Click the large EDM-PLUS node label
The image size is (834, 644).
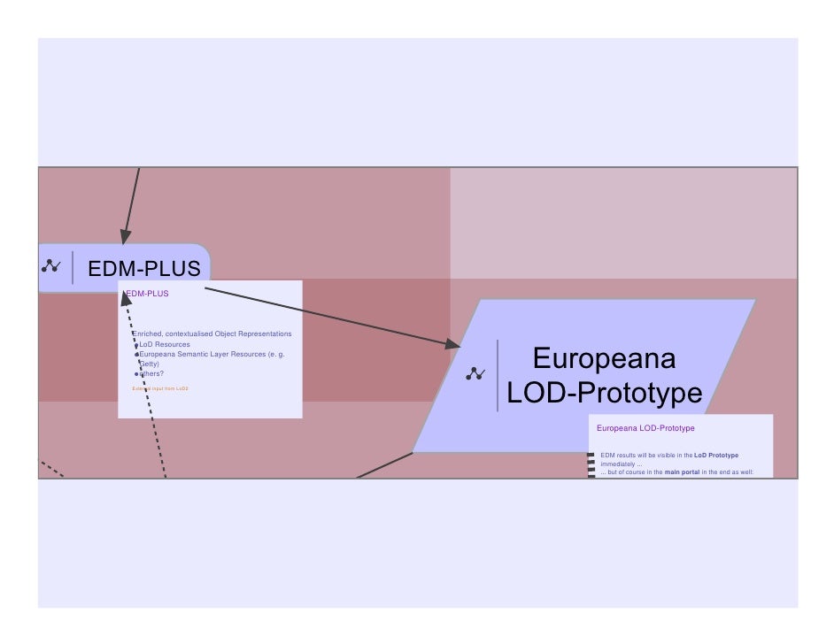click(x=143, y=267)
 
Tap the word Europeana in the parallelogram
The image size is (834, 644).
click(x=604, y=358)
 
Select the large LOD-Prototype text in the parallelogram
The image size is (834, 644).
click(x=604, y=392)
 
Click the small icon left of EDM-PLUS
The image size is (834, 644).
click(x=51, y=264)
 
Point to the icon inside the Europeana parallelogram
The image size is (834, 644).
click(x=475, y=374)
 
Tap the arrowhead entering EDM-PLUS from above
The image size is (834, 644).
click(x=126, y=236)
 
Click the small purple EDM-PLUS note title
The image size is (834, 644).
click(x=148, y=293)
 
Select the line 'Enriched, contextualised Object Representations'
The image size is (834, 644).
click(x=212, y=333)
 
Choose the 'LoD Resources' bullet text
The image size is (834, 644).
click(x=165, y=344)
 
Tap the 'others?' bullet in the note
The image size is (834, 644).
click(x=151, y=373)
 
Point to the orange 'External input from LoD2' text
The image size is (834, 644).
click(x=160, y=388)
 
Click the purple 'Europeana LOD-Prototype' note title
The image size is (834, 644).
click(x=645, y=428)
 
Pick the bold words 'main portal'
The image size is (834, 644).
click(x=681, y=472)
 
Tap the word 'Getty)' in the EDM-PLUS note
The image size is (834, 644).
click(x=149, y=364)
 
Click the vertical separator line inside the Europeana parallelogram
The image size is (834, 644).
click(x=498, y=374)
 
